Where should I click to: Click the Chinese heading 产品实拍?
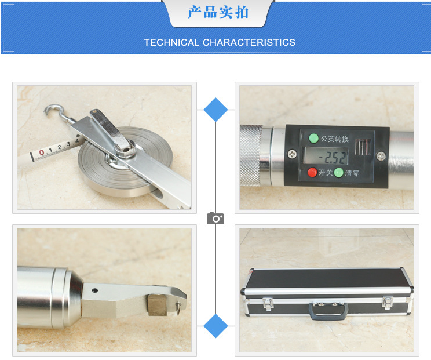pyautogui.click(x=218, y=12)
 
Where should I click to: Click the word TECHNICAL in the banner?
pyautogui.click(x=171, y=42)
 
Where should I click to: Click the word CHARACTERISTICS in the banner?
pyautogui.click(x=249, y=42)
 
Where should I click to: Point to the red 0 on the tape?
pyautogui.click(x=42, y=152)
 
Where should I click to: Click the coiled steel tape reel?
pyautogui.click(x=125, y=162)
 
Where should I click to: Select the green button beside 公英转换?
pyautogui.click(x=313, y=138)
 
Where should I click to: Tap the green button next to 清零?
pyautogui.click(x=339, y=173)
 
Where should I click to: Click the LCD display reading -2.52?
pyautogui.click(x=326, y=156)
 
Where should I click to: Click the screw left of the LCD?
pyautogui.click(x=292, y=154)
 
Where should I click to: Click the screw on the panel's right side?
pyautogui.click(x=381, y=156)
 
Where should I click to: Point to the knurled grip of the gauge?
pyautogui.click(x=251, y=156)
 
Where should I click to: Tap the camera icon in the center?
pyautogui.click(x=216, y=219)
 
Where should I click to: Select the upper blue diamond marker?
pyautogui.click(x=216, y=110)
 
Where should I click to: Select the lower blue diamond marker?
pyautogui.click(x=216, y=326)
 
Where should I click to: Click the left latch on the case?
pyautogui.click(x=268, y=303)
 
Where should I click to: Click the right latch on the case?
pyautogui.click(x=388, y=303)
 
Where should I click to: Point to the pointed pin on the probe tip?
pyautogui.click(x=178, y=308)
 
